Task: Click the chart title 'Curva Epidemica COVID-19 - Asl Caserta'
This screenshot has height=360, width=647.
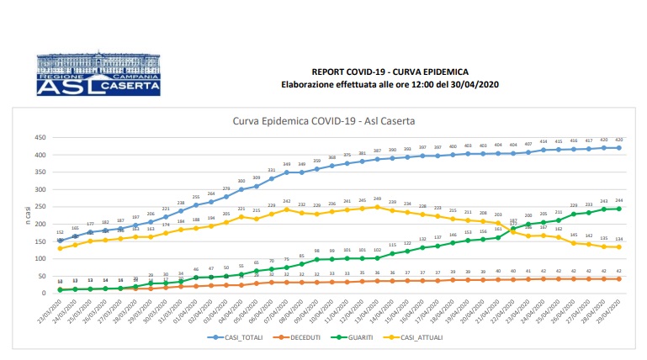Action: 322,120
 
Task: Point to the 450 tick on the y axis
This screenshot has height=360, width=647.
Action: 40,138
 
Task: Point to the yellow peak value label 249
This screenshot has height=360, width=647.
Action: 379,199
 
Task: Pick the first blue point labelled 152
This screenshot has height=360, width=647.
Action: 60,241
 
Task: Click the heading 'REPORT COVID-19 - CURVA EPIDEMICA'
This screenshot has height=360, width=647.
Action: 390,73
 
